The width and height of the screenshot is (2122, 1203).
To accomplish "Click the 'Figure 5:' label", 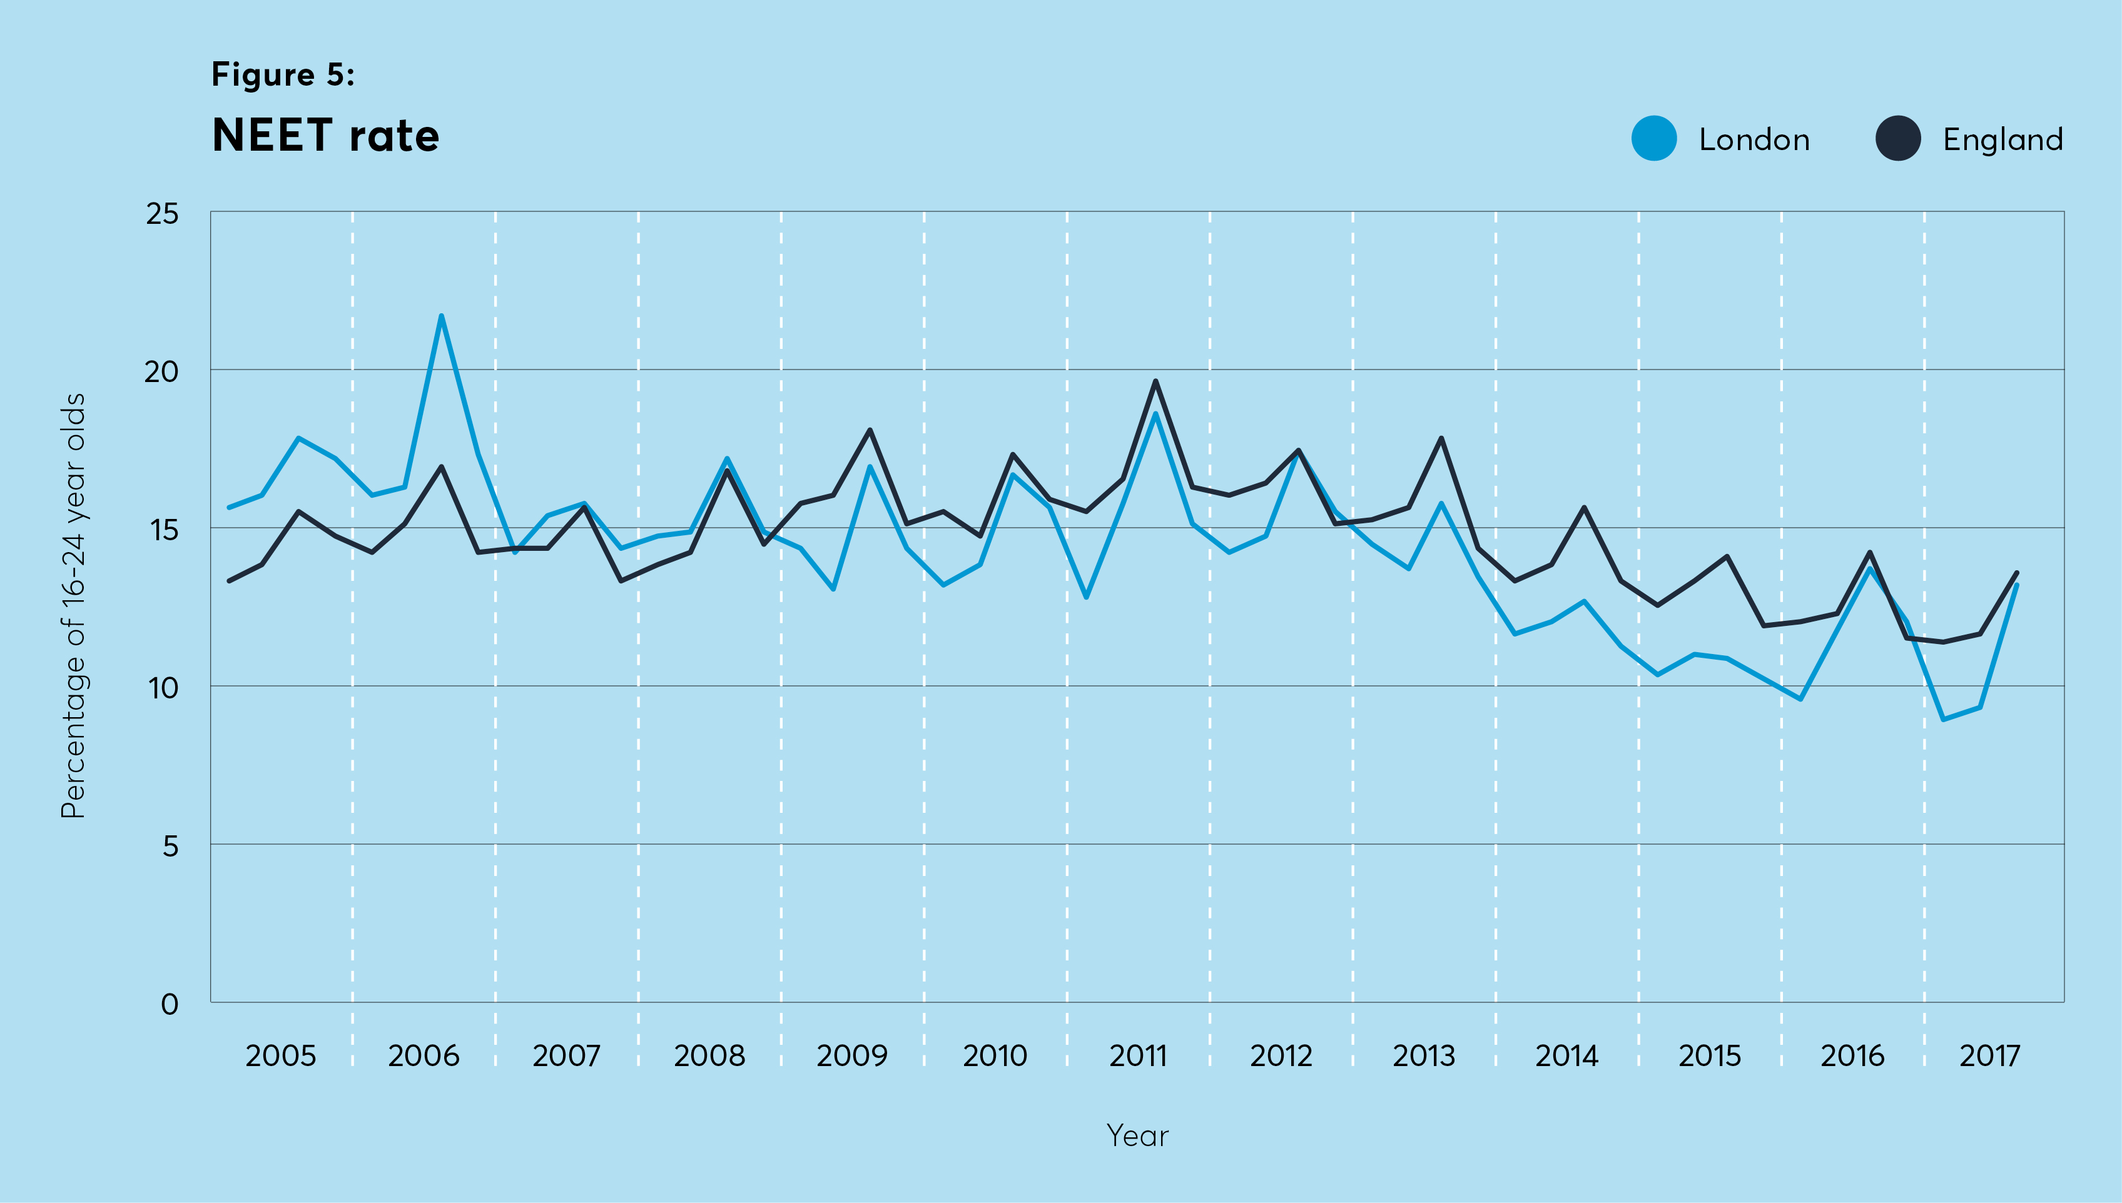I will [283, 74].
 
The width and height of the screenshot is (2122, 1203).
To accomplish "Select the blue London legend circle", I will [1653, 138].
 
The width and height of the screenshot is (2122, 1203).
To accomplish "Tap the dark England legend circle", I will [1898, 138].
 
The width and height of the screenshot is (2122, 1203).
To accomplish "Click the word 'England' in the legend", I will [2002, 139].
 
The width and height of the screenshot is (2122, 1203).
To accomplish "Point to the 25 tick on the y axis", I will [162, 213].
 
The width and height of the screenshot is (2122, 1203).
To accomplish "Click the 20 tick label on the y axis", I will [162, 372].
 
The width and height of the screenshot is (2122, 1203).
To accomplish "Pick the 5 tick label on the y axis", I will [170, 846].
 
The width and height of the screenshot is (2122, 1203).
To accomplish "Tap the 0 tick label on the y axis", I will [170, 1004].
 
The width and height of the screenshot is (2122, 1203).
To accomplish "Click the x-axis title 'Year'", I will [1137, 1135].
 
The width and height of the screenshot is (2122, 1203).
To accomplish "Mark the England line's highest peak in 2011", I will [1155, 380].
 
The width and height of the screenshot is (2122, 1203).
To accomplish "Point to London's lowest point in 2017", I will [1942, 720].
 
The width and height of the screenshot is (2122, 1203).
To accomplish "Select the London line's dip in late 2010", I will [1085, 597].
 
